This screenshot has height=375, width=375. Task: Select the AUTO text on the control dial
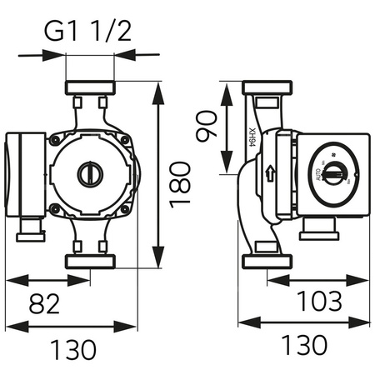[318, 176]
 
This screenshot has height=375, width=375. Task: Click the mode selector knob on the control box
[332, 174]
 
